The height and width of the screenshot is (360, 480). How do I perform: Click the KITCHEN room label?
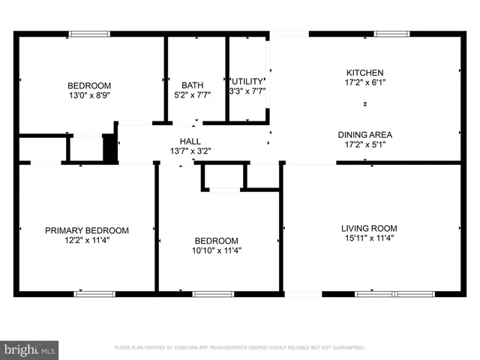click(364, 72)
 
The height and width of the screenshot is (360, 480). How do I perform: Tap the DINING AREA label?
click(364, 135)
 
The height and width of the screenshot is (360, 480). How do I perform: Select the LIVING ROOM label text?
click(369, 228)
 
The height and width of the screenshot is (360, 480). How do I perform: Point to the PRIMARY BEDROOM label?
click(86, 230)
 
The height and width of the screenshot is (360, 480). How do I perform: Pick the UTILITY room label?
click(247, 81)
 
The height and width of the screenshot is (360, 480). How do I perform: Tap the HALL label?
click(190, 141)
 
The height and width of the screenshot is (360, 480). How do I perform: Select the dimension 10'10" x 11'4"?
click(217, 250)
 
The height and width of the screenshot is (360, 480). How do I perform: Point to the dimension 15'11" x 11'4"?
click(369, 238)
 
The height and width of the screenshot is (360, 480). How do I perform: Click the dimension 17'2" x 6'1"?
click(364, 82)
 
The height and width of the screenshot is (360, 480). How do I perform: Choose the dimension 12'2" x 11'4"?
click(86, 241)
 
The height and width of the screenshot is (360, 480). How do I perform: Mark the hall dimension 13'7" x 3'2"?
click(190, 151)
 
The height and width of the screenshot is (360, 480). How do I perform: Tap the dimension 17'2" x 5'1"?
click(364, 145)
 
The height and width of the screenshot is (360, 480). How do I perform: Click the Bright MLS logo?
click(31, 349)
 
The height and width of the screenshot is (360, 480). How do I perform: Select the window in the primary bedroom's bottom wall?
click(94, 293)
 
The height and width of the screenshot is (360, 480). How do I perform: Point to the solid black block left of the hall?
click(109, 147)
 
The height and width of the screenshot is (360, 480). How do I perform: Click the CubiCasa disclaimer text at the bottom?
click(239, 348)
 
